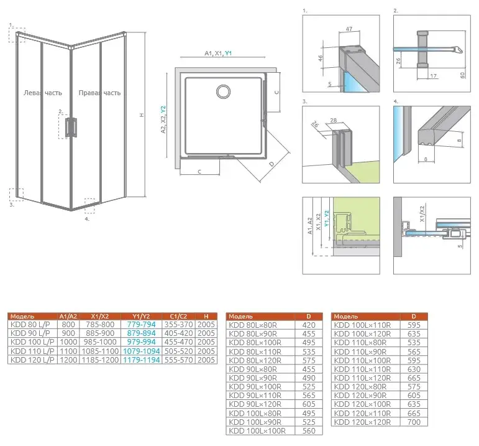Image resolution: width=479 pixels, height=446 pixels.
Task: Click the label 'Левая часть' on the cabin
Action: click(x=42, y=93)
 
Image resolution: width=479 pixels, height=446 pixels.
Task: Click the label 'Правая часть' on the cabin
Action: click(x=99, y=93)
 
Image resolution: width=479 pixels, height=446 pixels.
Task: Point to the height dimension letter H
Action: click(x=141, y=114)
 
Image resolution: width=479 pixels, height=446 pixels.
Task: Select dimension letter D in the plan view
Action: click(x=272, y=164)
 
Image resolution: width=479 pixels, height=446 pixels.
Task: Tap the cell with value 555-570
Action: click(x=178, y=360)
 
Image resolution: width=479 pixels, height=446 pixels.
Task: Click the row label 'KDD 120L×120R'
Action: click(x=362, y=422)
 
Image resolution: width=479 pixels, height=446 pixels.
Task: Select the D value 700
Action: click(x=413, y=422)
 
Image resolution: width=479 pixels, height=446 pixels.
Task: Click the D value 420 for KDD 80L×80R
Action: click(x=309, y=324)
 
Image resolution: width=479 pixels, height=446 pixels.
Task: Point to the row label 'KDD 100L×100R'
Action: click(x=258, y=431)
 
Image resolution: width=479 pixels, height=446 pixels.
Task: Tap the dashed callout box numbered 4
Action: click(x=89, y=203)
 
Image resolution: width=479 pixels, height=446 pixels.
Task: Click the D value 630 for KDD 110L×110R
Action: click(x=413, y=369)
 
